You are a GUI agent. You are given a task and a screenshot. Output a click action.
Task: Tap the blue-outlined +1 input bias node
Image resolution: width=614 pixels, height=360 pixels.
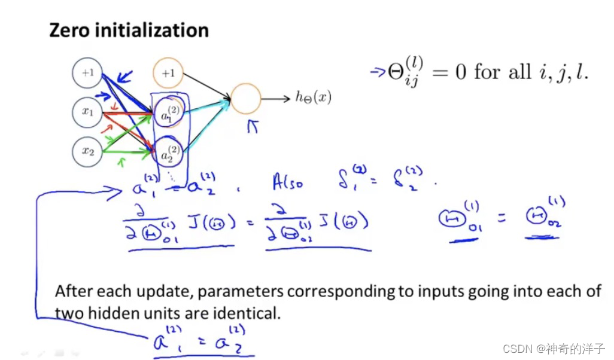coord(88,73)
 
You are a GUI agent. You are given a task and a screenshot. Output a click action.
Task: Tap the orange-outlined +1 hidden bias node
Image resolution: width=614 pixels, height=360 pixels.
coord(168,73)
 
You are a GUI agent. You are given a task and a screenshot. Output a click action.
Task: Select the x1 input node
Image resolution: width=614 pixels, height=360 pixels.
coord(88,111)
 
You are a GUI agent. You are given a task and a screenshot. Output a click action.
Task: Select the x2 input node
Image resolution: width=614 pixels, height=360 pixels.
coord(88,151)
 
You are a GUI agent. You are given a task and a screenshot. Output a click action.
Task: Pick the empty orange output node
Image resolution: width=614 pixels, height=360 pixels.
coord(245,98)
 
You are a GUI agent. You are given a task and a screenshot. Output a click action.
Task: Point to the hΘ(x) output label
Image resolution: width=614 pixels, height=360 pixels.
coord(313,98)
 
